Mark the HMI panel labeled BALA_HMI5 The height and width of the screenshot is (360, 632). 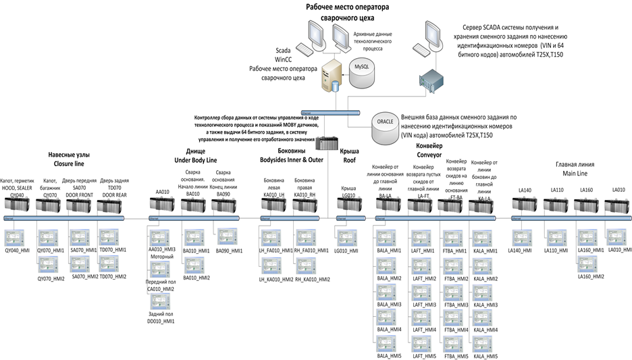(388, 342)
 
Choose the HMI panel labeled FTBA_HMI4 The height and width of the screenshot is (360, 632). (455, 317)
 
